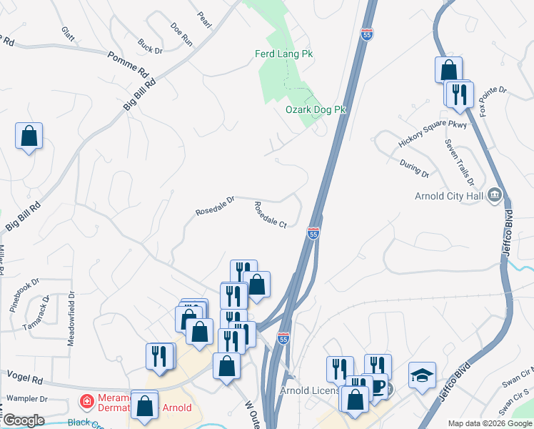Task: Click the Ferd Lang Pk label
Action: point(284,54)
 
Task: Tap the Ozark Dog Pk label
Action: point(316,109)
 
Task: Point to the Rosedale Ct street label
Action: point(271,214)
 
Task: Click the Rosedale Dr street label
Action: point(215,206)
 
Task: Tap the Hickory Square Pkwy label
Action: point(432,134)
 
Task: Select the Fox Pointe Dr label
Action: point(493,101)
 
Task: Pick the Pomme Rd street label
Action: point(127,64)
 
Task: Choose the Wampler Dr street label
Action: point(26,399)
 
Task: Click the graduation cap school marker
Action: point(422,375)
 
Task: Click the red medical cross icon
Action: point(87,401)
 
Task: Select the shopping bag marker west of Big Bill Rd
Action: point(29,136)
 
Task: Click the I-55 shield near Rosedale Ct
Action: point(313,232)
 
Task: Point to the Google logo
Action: point(24,420)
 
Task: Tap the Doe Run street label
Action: point(182,34)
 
